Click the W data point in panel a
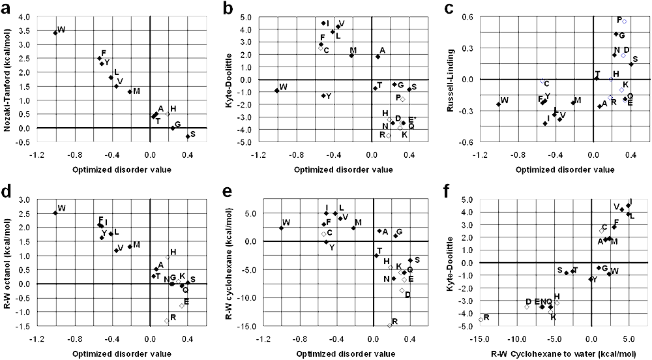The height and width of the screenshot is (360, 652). coord(55,32)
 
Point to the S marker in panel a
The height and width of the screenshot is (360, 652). coord(188,136)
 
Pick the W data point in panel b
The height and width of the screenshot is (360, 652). coord(276,91)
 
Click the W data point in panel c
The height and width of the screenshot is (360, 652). coord(498,104)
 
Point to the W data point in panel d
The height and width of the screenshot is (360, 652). coord(55,213)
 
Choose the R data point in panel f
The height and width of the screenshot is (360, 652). coord(481,320)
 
